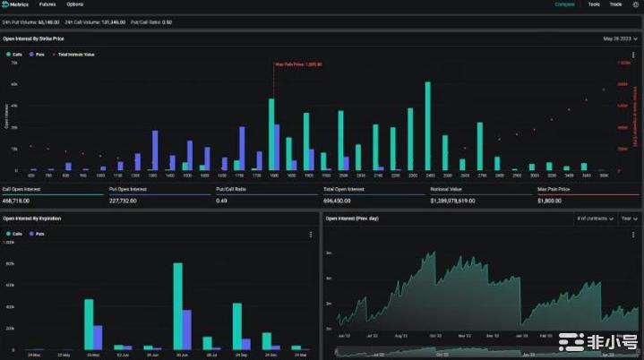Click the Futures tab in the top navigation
coord(47,4)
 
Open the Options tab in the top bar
coord(75,4)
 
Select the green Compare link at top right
coord(564,4)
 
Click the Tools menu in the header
coord(594,4)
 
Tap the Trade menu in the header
coord(616,4)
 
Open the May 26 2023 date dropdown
coord(620,39)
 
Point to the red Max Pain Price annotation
coord(298,64)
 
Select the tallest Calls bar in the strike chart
coord(428,126)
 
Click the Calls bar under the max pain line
coord(271,134)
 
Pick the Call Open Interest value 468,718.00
coord(19,201)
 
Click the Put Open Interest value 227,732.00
coord(125,201)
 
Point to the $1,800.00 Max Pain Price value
coord(550,201)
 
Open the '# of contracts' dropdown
coord(594,219)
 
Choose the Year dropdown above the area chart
coord(629,219)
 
